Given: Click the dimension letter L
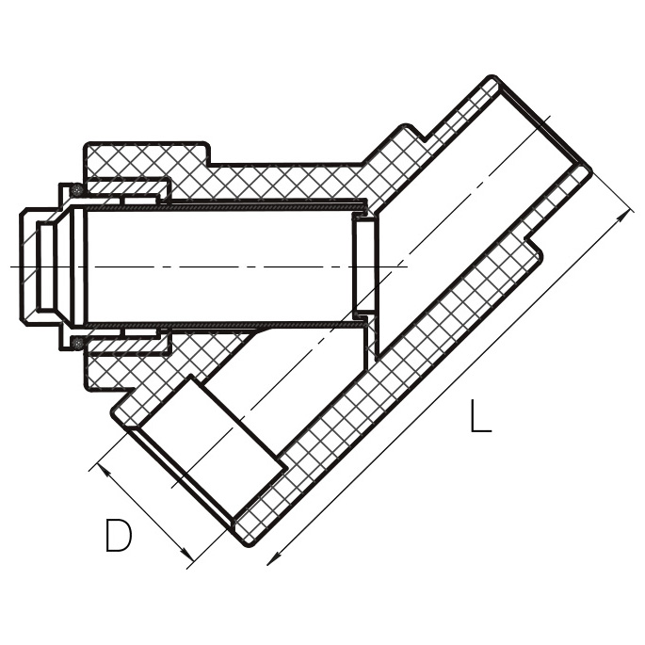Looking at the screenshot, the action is (480, 416).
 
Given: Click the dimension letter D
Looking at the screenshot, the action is (119, 535).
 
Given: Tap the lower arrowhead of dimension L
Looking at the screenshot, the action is (273, 559).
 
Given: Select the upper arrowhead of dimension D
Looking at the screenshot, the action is (104, 470).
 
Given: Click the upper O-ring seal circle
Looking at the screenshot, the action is (77, 190).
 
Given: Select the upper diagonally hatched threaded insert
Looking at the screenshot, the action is (126, 187).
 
